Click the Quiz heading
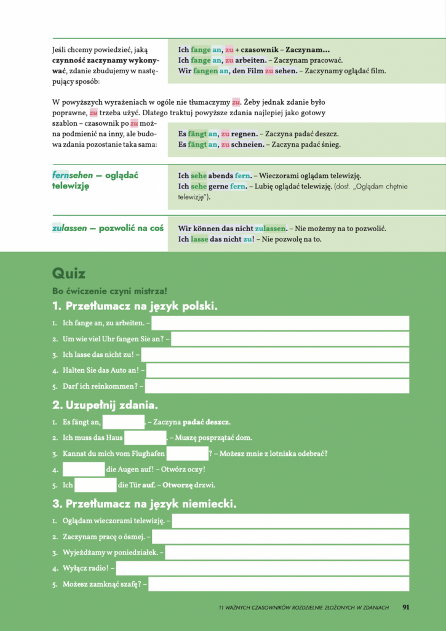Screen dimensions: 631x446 pos(69,274)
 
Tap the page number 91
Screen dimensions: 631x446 pos(406,607)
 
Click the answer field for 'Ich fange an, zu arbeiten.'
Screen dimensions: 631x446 pos(280,323)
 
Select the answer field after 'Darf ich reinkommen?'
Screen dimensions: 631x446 pos(277,386)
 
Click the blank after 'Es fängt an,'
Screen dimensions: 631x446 pos(123,422)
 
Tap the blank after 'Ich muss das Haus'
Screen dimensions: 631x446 pos(145,438)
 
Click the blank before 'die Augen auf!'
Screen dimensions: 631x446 pos(84,469)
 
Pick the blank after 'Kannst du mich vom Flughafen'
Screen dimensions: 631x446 pos(187,454)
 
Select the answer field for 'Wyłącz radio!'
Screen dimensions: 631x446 pos(263,568)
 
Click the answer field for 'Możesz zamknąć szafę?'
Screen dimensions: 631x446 pos(279,584)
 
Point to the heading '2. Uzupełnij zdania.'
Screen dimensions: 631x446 pos(105,405)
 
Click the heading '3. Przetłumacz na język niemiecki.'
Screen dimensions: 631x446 pos(144,504)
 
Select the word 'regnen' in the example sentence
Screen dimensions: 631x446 pos(244,134)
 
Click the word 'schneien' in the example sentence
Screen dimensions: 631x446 pos(248,145)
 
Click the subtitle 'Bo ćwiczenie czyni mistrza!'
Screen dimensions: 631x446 pos(110,291)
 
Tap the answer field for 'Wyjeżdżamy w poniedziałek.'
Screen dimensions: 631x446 pos(287,552)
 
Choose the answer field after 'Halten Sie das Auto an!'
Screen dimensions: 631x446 pos(277,370)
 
